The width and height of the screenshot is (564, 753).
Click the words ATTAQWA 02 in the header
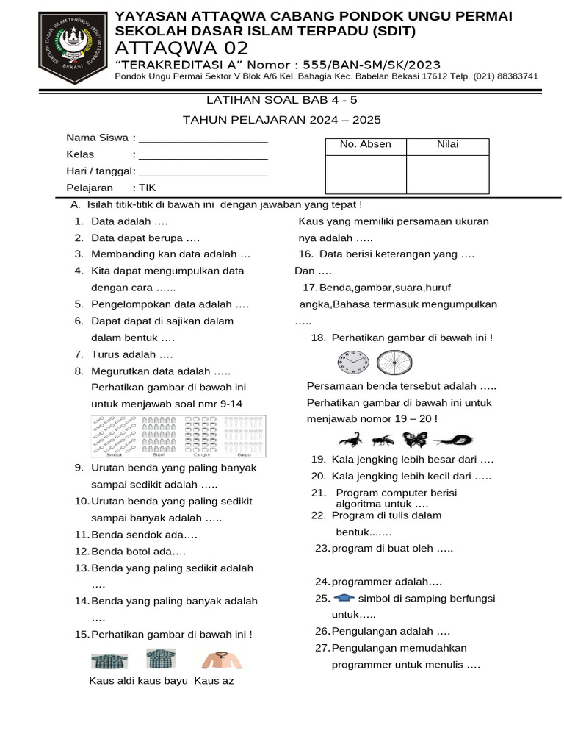(182, 49)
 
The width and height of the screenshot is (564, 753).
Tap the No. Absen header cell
(365, 145)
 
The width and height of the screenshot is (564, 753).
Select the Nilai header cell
(447, 145)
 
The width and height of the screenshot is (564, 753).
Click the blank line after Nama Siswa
(203, 138)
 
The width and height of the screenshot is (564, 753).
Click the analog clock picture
(353, 363)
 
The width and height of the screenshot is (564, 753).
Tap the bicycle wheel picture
(394, 363)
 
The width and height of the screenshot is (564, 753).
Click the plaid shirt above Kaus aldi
(109, 660)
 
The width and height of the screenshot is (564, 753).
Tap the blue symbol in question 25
(343, 598)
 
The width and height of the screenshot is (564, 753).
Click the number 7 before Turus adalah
(77, 354)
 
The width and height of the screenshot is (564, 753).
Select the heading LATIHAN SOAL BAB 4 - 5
(281, 100)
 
